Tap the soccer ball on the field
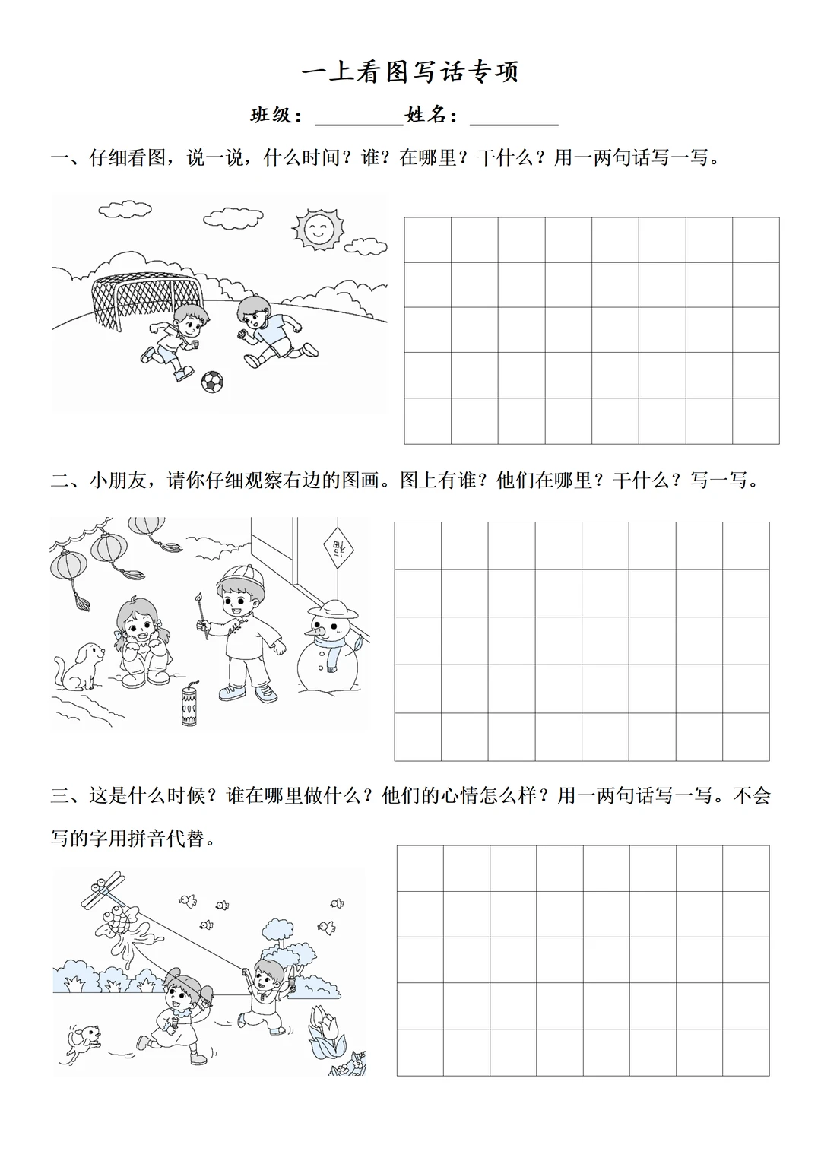[x=212, y=381]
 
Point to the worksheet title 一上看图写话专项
[x=410, y=72]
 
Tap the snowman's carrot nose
[x=315, y=629]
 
